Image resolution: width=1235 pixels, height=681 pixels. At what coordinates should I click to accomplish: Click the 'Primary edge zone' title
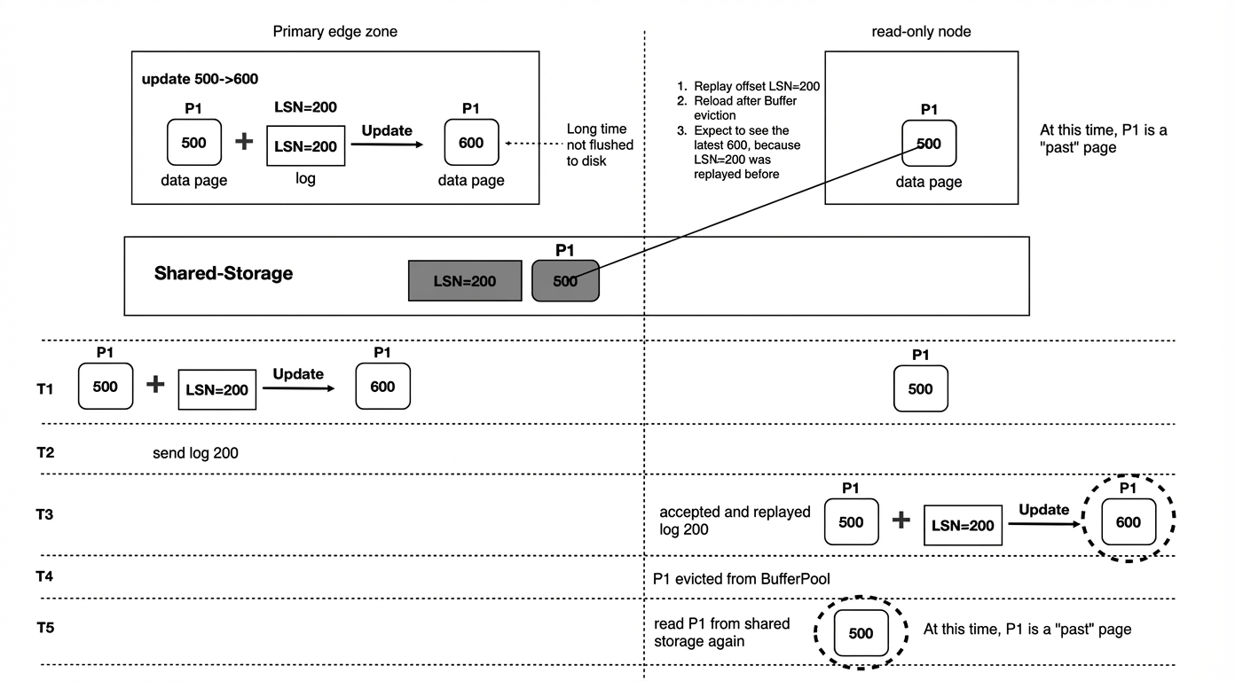[x=334, y=31]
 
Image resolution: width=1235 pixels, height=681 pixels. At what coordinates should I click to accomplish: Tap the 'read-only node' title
[x=921, y=31]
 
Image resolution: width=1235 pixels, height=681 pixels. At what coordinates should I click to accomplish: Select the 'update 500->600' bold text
[x=200, y=79]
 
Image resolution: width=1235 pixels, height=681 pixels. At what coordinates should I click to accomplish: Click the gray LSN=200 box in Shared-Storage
[x=465, y=281]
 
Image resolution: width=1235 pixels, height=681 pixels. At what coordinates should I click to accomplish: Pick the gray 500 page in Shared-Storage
[x=565, y=281]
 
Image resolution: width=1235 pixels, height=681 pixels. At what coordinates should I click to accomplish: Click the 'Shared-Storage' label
[x=224, y=273]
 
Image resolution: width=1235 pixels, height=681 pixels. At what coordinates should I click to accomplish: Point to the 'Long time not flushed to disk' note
[x=600, y=145]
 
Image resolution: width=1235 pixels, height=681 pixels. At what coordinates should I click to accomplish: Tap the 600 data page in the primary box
[x=471, y=142]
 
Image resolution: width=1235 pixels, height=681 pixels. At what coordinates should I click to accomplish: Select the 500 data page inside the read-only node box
[x=929, y=144]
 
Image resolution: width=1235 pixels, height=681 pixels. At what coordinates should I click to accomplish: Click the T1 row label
[x=45, y=389]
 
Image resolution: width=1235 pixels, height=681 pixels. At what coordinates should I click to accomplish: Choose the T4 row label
[x=44, y=576]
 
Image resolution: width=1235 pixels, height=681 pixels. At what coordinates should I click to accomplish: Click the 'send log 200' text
[x=195, y=453]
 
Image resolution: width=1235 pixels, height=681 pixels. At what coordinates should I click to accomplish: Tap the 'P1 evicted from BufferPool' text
[x=741, y=578]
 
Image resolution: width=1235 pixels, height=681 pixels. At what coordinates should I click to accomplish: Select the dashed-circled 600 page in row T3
[x=1128, y=521]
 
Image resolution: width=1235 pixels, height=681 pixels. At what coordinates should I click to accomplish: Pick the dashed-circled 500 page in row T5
[x=861, y=633]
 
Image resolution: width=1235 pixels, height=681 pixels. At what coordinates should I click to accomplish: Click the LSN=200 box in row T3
[x=963, y=525]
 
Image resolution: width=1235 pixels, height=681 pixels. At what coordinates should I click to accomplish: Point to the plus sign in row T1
[x=155, y=384]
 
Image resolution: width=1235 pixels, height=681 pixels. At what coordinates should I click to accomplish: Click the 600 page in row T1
[x=382, y=386]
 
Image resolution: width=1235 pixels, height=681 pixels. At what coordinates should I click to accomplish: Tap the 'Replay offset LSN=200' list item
[x=749, y=87]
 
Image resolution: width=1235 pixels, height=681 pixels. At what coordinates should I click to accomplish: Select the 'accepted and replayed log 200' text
[x=735, y=521]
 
